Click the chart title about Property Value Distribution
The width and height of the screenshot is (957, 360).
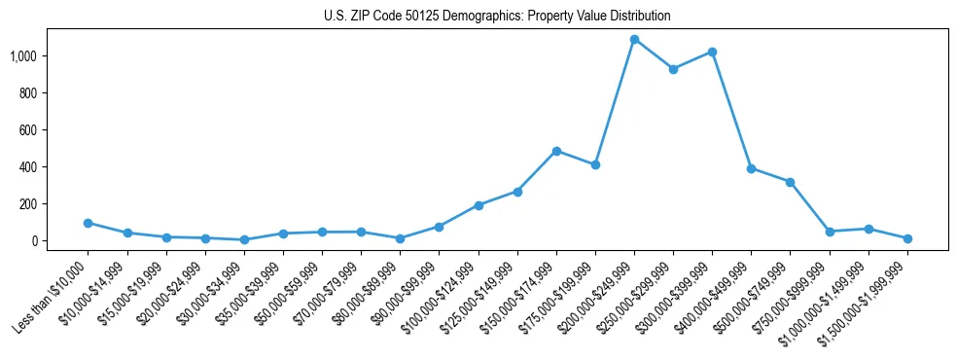[x=497, y=16]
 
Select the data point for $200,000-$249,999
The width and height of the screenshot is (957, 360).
[x=634, y=40]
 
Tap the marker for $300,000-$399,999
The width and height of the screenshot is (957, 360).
[x=712, y=52]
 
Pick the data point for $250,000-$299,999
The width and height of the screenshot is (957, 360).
[x=673, y=69]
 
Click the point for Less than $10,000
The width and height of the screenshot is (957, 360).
[x=88, y=223]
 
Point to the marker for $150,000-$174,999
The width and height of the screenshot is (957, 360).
[x=556, y=151]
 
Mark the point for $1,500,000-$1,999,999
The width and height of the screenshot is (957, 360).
[x=907, y=238]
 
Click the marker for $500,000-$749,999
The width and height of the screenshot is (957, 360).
[x=790, y=182]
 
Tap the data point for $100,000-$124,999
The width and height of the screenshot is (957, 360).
[x=478, y=205]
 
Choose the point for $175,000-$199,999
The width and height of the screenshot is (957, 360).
[x=595, y=164]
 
